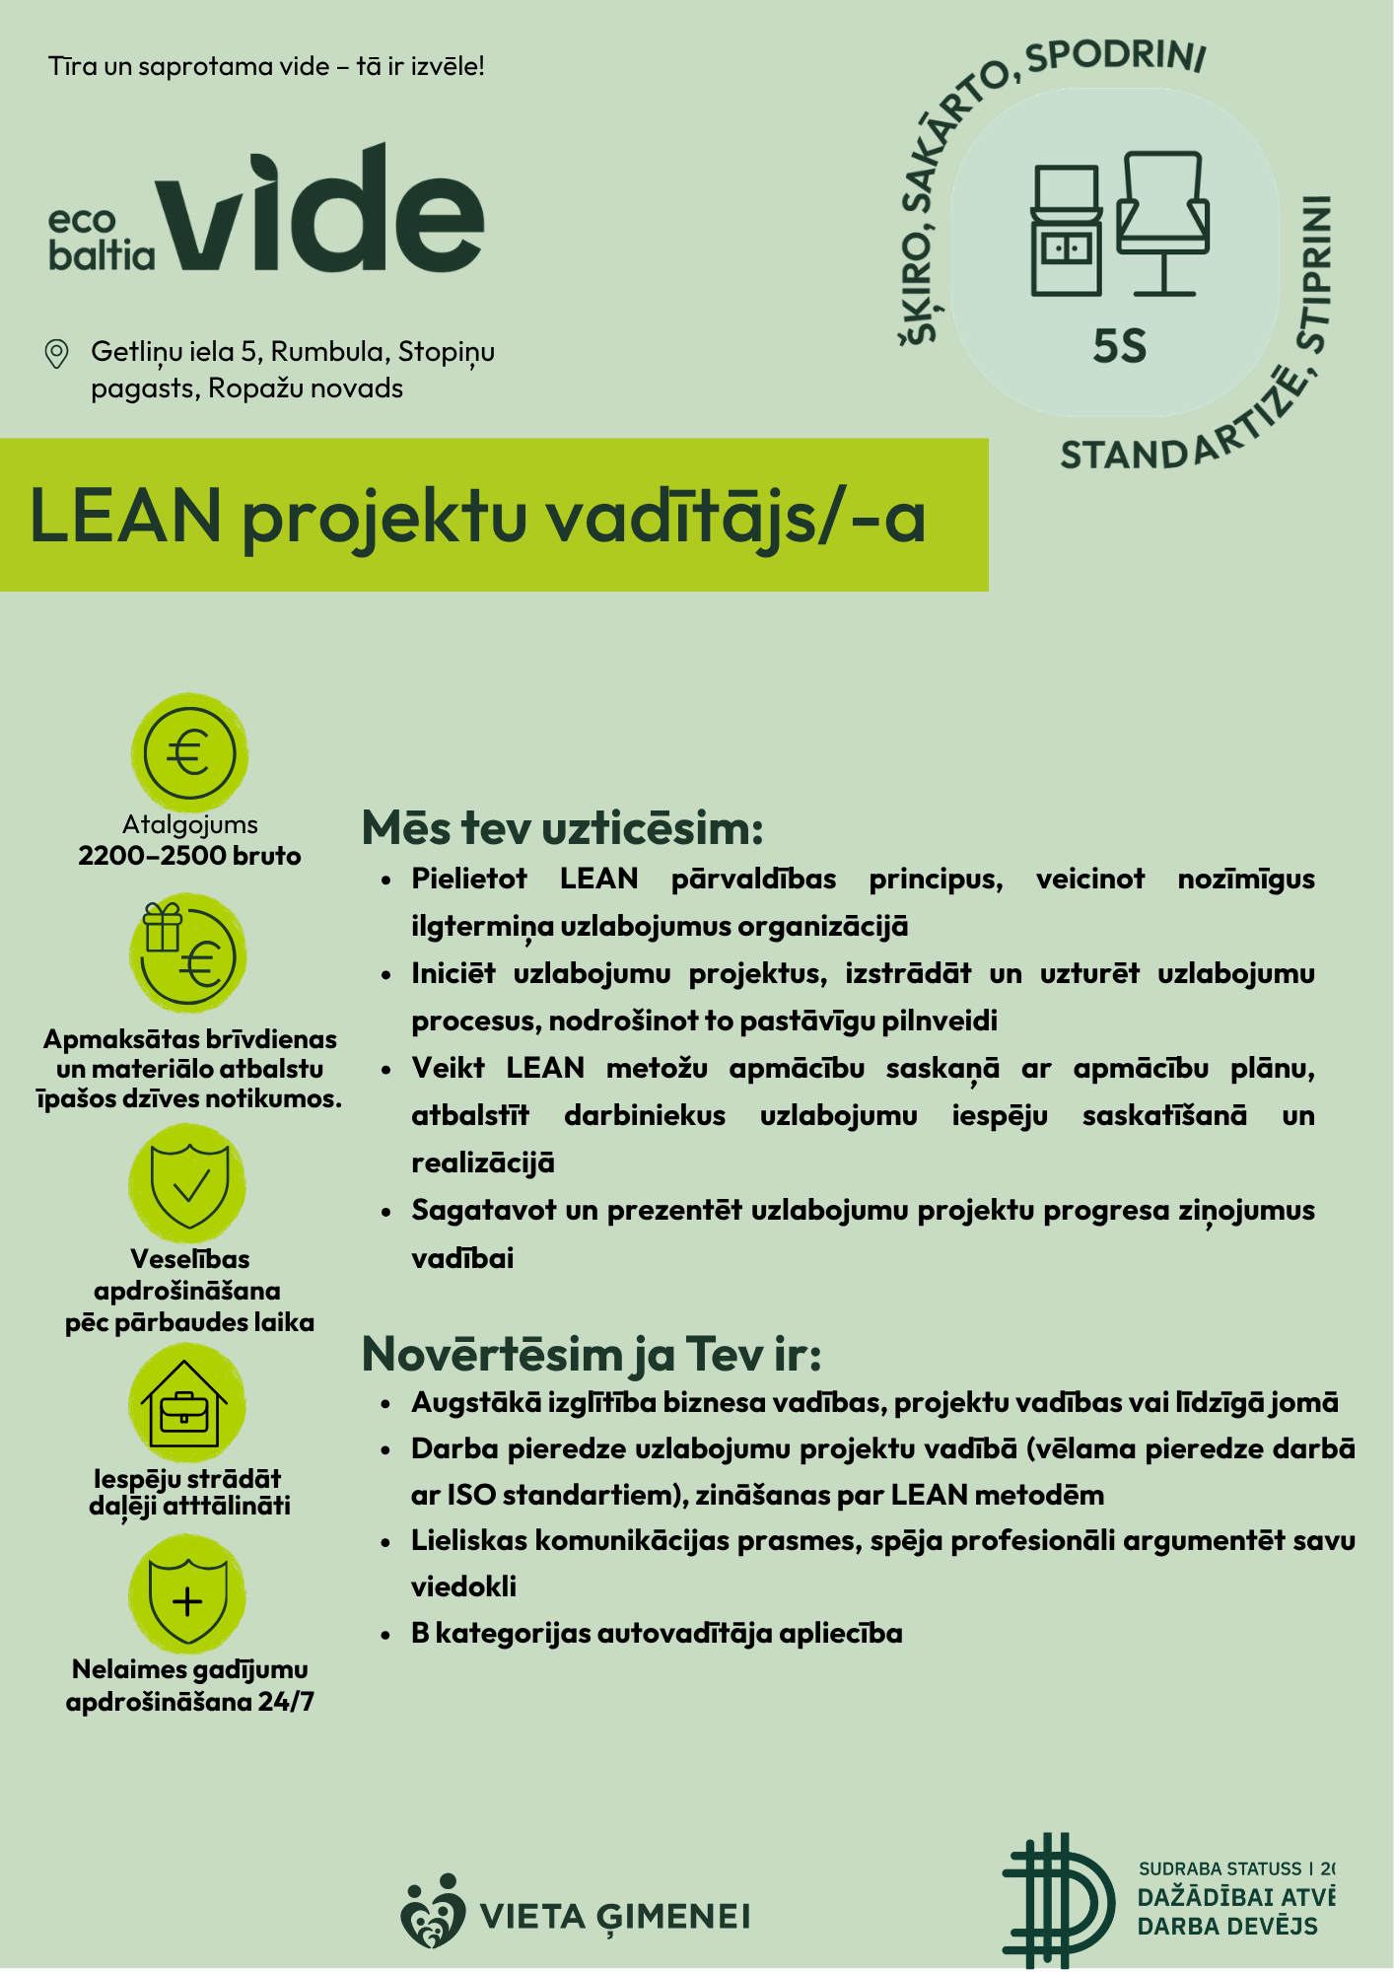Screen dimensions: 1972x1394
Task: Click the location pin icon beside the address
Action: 57,353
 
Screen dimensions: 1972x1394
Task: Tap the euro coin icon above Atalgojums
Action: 189,753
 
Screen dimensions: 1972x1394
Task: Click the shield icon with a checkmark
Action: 188,1183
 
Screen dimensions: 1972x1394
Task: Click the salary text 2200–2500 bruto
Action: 189,856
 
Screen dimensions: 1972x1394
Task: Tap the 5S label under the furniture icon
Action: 1119,347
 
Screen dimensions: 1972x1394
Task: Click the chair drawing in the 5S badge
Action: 1163,222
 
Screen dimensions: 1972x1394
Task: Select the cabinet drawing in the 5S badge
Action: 1066,232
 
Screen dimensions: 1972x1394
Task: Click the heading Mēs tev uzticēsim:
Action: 562,828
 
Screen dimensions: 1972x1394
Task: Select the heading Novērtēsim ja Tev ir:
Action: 592,1354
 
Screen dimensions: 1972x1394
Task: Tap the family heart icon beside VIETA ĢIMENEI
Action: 433,1913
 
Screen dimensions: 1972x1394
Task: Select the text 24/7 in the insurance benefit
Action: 286,1702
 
